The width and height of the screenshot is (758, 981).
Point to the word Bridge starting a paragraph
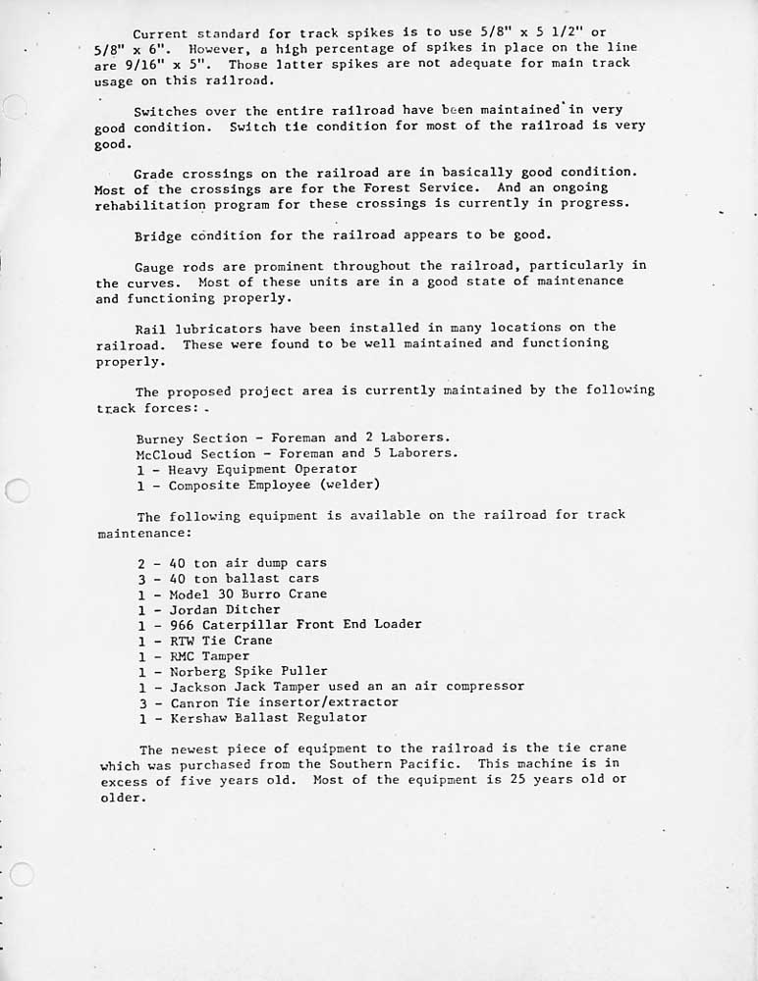coord(157,235)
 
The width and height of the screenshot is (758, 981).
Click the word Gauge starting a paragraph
coord(153,266)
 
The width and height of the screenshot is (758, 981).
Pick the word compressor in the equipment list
coord(480,687)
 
